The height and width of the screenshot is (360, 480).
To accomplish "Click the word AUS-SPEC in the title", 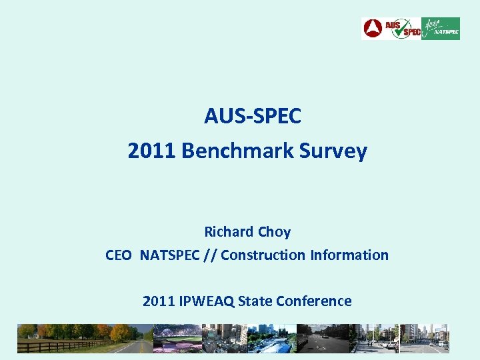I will point(253,117).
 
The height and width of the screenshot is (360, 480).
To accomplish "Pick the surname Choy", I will point(274,232).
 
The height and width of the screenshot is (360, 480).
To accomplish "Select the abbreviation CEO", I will point(119,255).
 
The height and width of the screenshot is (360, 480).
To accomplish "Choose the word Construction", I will point(262,255).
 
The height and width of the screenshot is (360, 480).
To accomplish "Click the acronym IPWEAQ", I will point(206,301).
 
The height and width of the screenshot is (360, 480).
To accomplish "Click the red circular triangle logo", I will point(372,29).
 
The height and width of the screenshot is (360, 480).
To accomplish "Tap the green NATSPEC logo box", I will point(440,29).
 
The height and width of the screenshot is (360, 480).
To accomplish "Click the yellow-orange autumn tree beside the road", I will point(120,333).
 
